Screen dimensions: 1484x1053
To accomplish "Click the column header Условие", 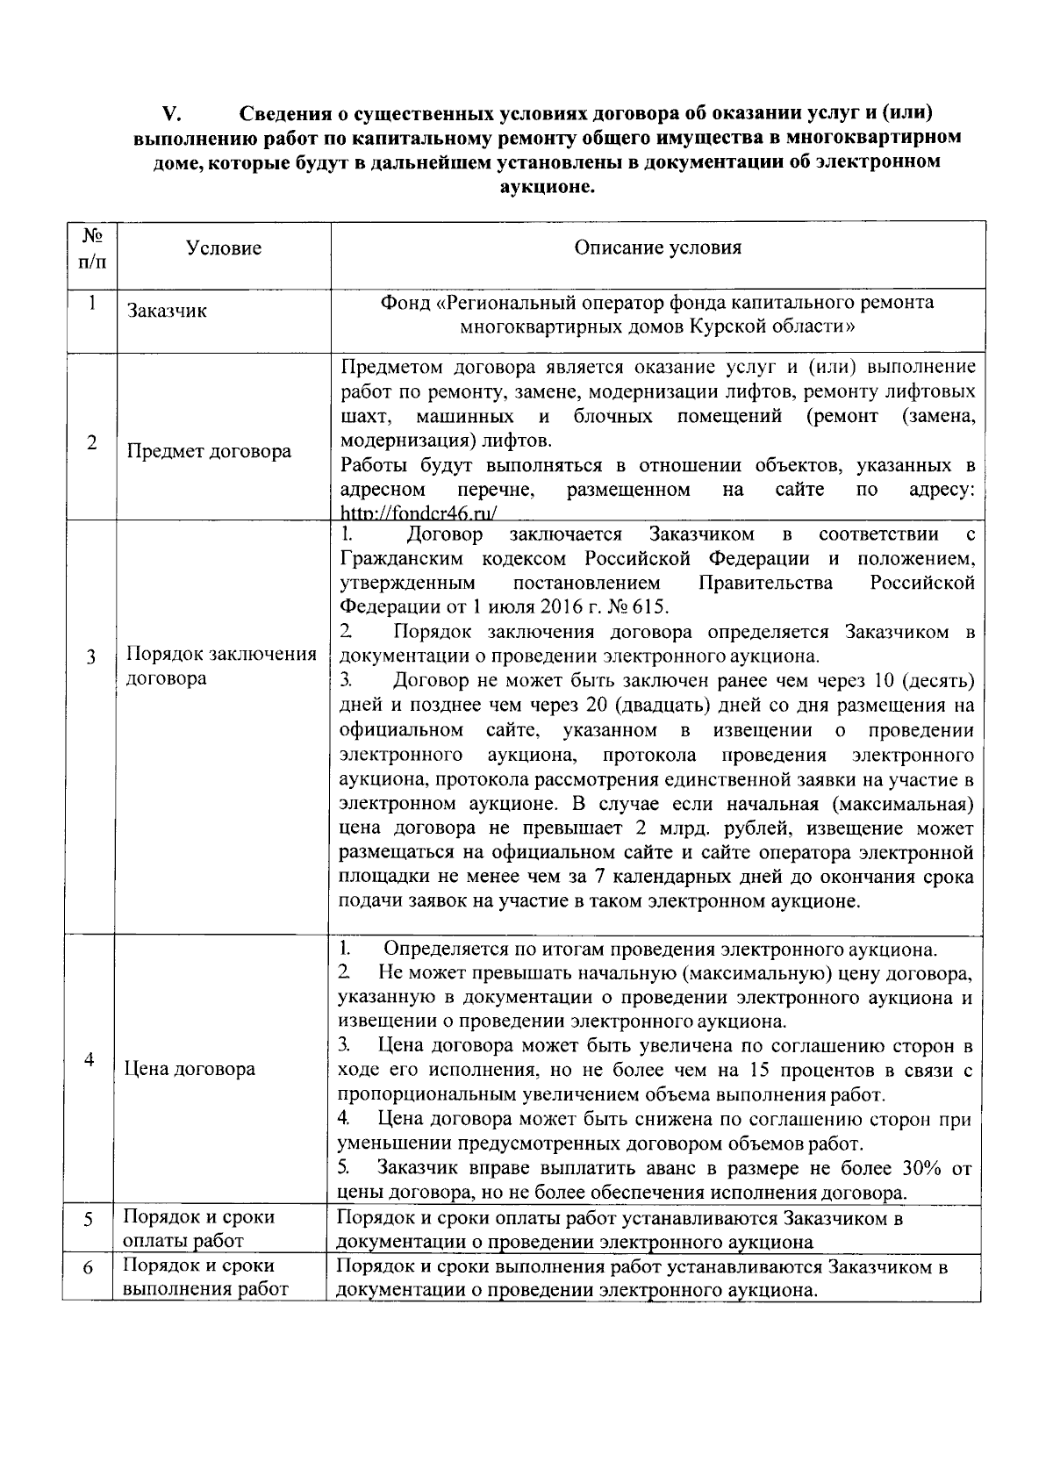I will [224, 248].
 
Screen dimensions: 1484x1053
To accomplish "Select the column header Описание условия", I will [657, 247].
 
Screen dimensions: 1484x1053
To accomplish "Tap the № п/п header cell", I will [90, 249].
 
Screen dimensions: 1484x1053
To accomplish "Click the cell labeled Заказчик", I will [167, 311].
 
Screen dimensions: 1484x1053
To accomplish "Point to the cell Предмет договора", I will [209, 452].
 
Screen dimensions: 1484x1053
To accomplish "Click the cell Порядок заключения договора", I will [221, 667].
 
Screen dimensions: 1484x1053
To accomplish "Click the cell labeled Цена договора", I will [190, 1069].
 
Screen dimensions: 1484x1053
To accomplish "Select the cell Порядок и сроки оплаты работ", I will [198, 1229].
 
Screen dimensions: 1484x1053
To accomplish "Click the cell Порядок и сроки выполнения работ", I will [205, 1278].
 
